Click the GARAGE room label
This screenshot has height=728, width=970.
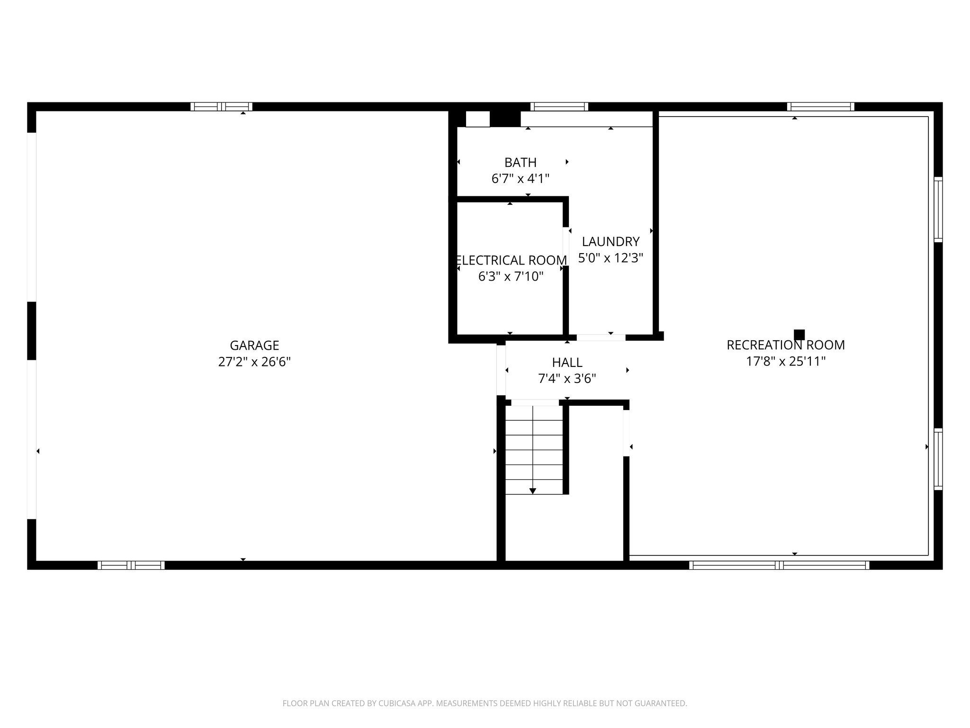point(254,345)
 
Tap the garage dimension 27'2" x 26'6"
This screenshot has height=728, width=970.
point(254,362)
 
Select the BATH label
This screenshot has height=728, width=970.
point(520,163)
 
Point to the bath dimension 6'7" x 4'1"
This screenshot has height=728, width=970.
point(520,179)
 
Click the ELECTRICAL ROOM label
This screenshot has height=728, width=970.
point(511,260)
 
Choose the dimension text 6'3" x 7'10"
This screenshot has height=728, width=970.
point(511,277)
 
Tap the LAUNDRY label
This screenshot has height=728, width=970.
point(611,242)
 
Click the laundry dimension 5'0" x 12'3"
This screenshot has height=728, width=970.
point(611,258)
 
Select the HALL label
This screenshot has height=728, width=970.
point(567,363)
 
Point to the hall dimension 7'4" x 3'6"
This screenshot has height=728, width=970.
point(567,379)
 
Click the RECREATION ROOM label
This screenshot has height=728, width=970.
point(785,345)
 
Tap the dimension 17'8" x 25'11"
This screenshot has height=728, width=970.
point(785,362)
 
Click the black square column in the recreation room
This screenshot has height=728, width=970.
point(799,335)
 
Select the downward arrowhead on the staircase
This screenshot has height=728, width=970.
point(533,491)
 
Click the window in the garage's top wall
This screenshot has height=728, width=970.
point(221,107)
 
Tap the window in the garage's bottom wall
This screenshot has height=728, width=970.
point(131,565)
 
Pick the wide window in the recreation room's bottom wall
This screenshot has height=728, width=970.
point(779,565)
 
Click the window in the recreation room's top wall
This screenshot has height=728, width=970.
point(820,107)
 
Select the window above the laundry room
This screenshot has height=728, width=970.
point(559,107)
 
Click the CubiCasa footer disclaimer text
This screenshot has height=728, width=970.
point(485,703)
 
